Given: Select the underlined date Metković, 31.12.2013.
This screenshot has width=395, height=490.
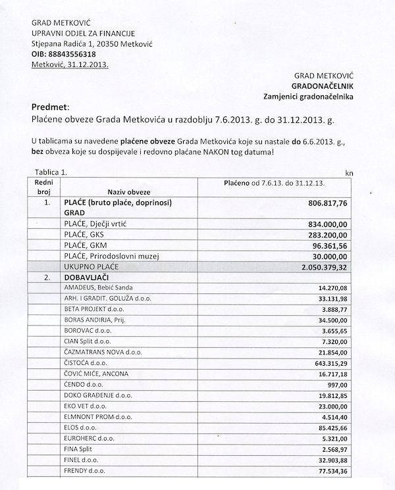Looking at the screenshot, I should pyautogui.click(x=70, y=64).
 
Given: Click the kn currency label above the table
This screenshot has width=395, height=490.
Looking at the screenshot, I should pyautogui.click(x=349, y=173).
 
